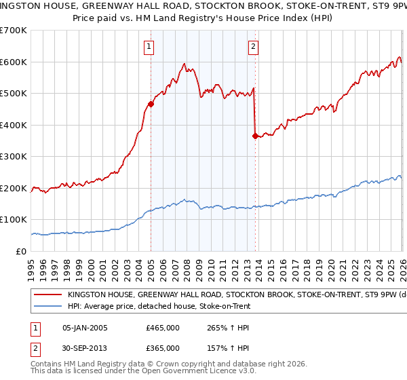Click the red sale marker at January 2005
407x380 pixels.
point(151,104)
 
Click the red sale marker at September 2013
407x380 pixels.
point(255,136)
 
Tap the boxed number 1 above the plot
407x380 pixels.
point(148,47)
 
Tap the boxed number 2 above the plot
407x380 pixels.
point(253,47)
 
